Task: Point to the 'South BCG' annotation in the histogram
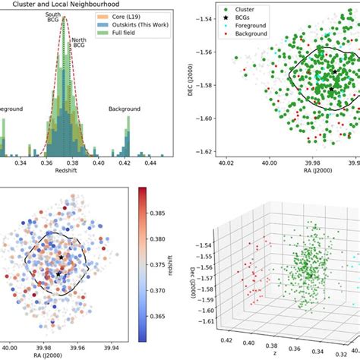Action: click(54, 20)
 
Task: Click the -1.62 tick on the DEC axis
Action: click(201, 152)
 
